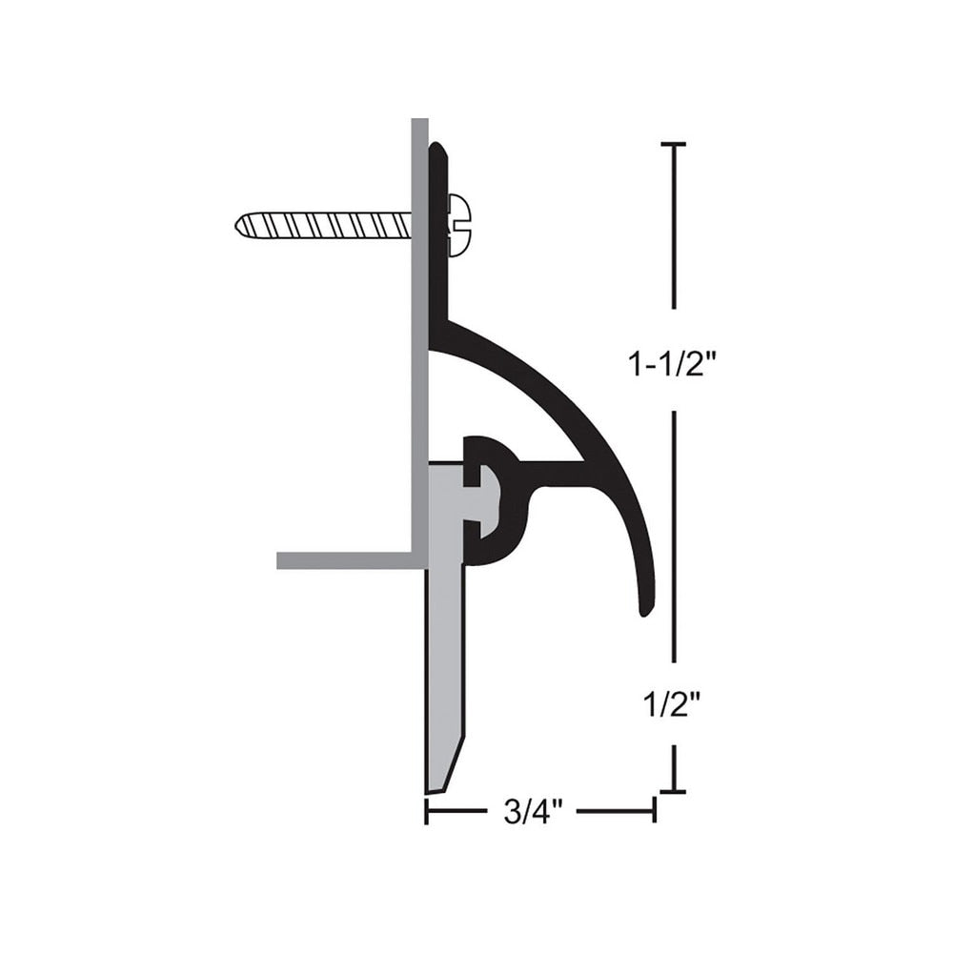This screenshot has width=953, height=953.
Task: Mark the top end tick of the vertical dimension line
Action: click(674, 144)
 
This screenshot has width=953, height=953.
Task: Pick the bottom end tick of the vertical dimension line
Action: click(674, 791)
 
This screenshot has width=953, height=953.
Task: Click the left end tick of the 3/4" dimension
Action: click(427, 810)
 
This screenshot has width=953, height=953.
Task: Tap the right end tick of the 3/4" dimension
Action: click(654, 810)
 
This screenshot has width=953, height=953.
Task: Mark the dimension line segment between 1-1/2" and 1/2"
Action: click(674, 534)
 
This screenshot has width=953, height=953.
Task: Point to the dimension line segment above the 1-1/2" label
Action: click(674, 229)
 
